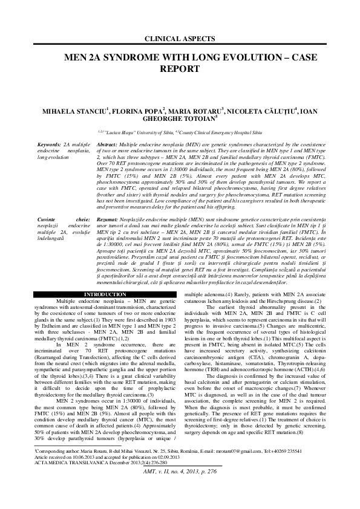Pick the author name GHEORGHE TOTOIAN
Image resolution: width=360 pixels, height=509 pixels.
179,120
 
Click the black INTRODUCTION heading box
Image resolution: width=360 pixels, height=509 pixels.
100,277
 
